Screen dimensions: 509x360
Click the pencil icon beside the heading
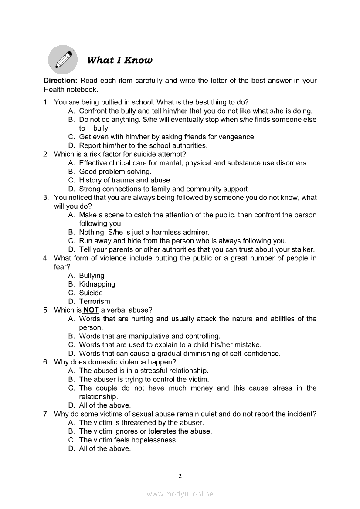(63, 60)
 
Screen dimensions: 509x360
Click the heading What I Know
(119, 60)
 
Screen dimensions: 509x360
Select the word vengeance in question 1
(239, 137)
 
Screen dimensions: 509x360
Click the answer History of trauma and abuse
(124, 180)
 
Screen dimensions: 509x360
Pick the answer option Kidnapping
(97, 284)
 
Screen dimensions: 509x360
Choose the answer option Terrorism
(94, 301)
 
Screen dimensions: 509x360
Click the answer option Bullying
(92, 276)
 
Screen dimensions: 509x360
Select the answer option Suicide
(91, 293)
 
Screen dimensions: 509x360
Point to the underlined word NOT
(91, 310)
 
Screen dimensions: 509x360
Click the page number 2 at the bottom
(180, 475)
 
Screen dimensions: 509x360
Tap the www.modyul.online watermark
(180, 494)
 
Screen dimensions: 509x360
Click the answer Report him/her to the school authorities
(143, 145)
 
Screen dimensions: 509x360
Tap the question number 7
(46, 414)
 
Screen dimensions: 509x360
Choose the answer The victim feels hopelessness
(128, 440)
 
